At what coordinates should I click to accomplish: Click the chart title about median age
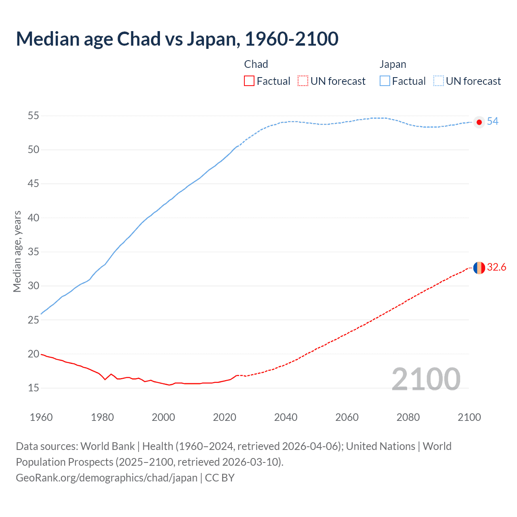click(x=177, y=39)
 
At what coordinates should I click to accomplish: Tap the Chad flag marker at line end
click(x=479, y=267)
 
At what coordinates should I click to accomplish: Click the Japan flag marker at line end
click(x=479, y=122)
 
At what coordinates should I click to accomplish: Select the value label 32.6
click(x=496, y=267)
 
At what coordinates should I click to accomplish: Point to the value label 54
click(x=492, y=122)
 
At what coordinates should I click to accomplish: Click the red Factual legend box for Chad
click(x=249, y=81)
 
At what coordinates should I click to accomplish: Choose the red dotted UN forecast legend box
click(x=303, y=81)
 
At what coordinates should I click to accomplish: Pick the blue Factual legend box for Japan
click(x=385, y=81)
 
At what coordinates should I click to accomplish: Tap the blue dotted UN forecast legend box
click(x=439, y=81)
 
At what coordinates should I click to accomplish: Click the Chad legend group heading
click(x=256, y=64)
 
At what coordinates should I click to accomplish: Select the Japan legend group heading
click(x=393, y=64)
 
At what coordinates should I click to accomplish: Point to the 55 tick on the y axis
click(x=34, y=116)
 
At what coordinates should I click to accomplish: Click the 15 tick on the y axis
click(x=34, y=388)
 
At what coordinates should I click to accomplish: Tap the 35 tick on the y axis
click(x=34, y=252)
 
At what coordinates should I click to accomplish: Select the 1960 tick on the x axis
click(x=41, y=417)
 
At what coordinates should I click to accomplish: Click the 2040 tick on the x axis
click(x=286, y=417)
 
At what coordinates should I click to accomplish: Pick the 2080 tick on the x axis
click(x=408, y=417)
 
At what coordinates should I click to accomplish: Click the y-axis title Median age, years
click(x=17, y=251)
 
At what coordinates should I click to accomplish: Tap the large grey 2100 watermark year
click(x=426, y=379)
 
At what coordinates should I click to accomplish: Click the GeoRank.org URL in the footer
click(x=107, y=478)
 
